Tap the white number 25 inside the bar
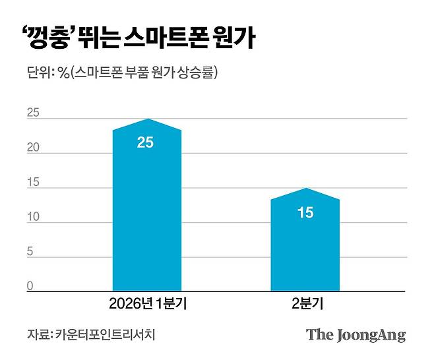coord(145,142)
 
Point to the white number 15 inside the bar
coord(305,213)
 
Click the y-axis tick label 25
coord(33,113)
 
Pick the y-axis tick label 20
coord(33,148)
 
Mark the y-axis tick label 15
coord(33,183)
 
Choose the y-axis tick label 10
coord(33,218)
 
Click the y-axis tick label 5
coord(30,253)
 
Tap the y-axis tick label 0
coord(30,286)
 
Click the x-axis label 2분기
coord(305,305)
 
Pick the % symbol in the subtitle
coord(63,73)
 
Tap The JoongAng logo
coord(356,335)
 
